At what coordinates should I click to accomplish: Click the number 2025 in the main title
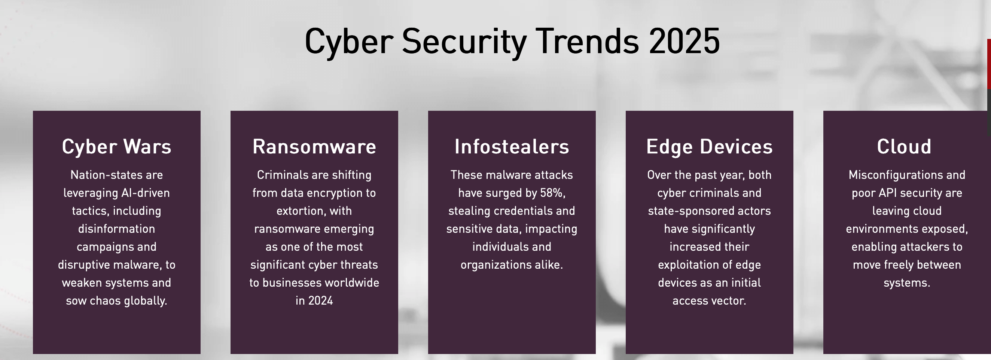(684, 41)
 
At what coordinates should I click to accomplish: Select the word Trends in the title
(587, 41)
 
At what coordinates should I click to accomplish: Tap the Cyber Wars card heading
(116, 147)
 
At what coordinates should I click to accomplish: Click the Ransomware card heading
(314, 147)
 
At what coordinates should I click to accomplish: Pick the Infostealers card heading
(512, 147)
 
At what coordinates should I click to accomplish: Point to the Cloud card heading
(904, 147)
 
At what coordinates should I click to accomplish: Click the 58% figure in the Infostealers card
(552, 193)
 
